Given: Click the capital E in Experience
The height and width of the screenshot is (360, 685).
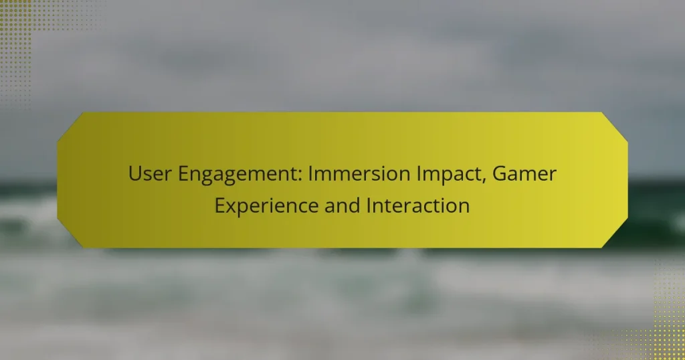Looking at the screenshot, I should coord(219,205).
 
